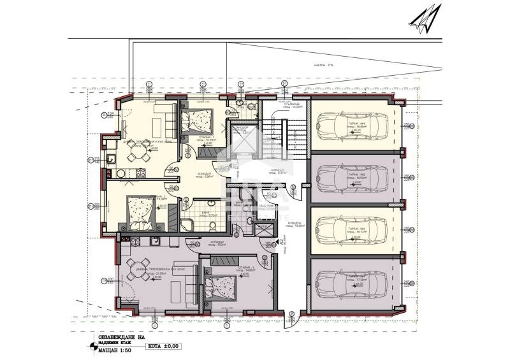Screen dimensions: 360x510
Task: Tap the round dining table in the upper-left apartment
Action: click(x=134, y=151)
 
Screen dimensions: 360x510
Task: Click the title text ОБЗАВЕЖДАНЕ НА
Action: click(x=119, y=338)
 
